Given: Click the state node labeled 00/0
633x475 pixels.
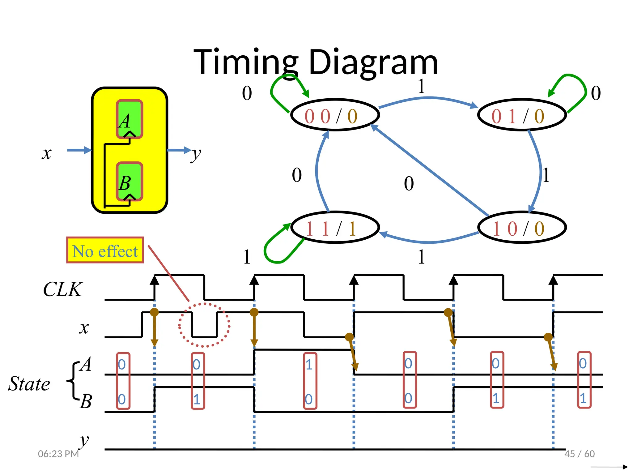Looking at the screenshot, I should point(335,115).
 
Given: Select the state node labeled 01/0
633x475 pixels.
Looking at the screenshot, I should point(522,115).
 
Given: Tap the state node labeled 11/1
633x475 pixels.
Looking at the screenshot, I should point(335,228).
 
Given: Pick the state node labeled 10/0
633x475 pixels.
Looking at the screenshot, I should point(522,228).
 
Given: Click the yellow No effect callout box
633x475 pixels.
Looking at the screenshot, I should point(105,250).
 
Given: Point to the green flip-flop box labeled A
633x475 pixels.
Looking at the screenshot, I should point(130,119).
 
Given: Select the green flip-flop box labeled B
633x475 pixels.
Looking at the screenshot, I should point(130,182).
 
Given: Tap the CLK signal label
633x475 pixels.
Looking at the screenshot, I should point(63,289).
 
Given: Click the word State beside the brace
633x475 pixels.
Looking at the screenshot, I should point(29,384).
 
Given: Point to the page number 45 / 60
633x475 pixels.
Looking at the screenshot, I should point(579,454).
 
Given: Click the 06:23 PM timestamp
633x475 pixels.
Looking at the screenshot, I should point(58,454).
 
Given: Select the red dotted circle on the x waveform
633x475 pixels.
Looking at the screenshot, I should point(204,325).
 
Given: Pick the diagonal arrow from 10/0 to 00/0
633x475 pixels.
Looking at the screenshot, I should point(430,170).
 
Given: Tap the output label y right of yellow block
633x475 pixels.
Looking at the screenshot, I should point(196,154).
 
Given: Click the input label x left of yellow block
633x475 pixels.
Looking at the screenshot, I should point(47,153).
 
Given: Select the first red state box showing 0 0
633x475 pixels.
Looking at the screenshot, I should point(123,381).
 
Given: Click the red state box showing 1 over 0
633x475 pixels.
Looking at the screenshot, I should point(310,381).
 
